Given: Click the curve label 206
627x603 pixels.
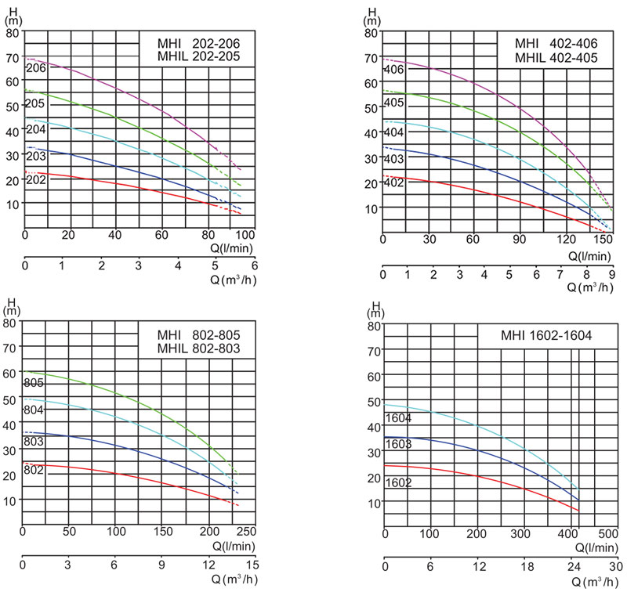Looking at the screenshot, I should pos(36,68).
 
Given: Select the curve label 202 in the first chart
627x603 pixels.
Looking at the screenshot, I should pos(36,180).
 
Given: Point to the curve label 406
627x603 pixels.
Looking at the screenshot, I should pos(394,70).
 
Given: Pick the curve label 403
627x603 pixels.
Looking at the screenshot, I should pos(394,160).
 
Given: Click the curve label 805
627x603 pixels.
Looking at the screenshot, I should pos(34,383).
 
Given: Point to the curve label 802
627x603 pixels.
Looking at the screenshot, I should pos(34,470).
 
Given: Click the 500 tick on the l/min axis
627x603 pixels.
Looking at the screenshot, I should pos(608,534).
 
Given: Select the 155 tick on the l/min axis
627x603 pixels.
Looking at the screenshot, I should pos(603,238).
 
